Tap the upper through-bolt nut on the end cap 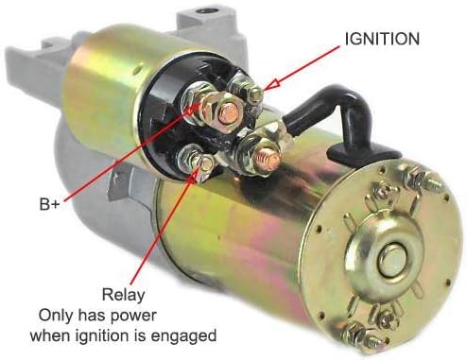click(414, 177)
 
